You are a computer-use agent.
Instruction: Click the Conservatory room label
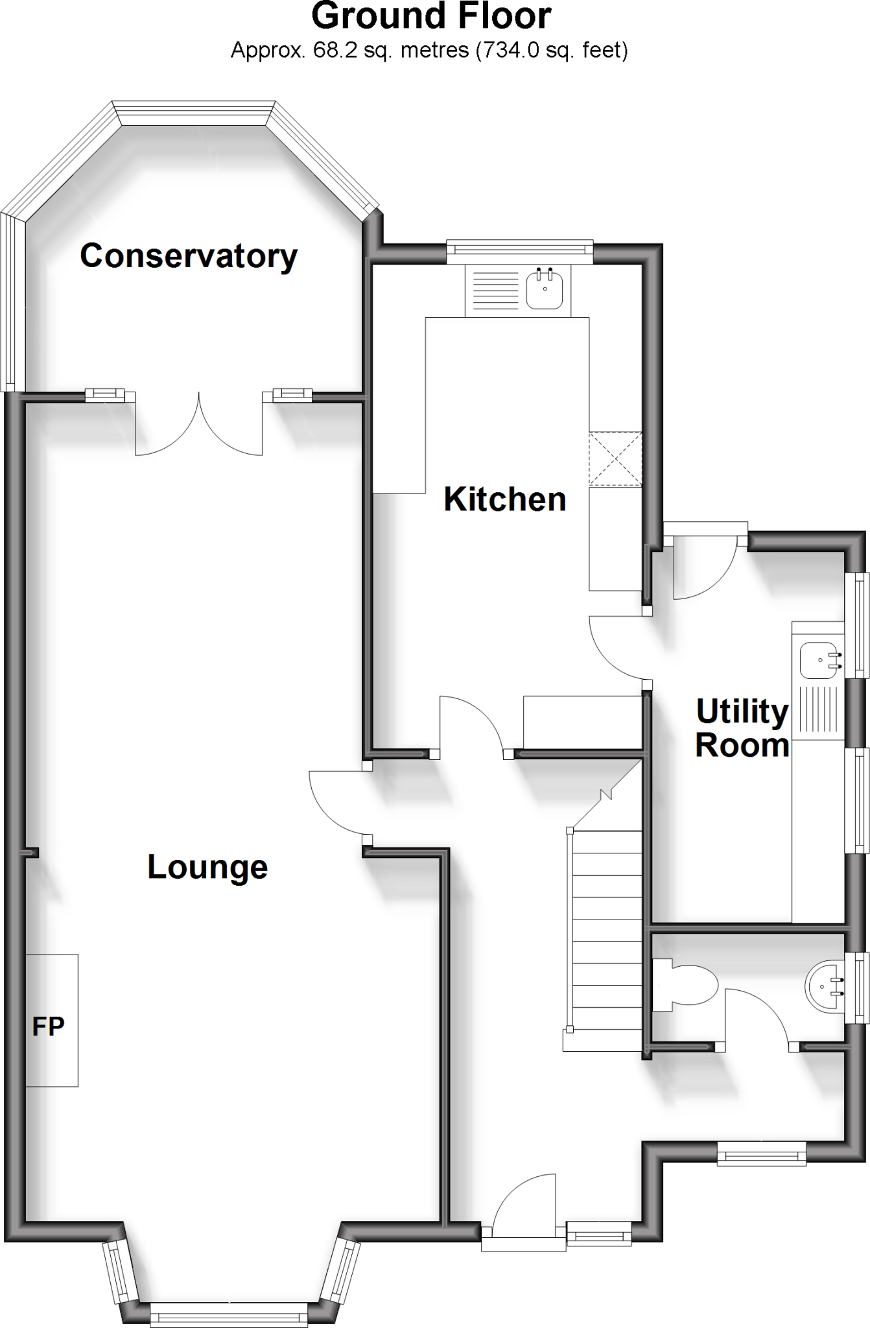(189, 256)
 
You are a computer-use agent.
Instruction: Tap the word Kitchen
(504, 499)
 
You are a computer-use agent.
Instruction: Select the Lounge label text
(207, 867)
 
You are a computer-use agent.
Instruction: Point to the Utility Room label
(742, 728)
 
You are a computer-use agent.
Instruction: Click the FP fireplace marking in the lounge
(49, 1026)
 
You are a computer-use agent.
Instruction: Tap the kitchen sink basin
(545, 290)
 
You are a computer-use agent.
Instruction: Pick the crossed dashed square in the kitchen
(615, 459)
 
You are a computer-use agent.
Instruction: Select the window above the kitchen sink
(519, 251)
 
